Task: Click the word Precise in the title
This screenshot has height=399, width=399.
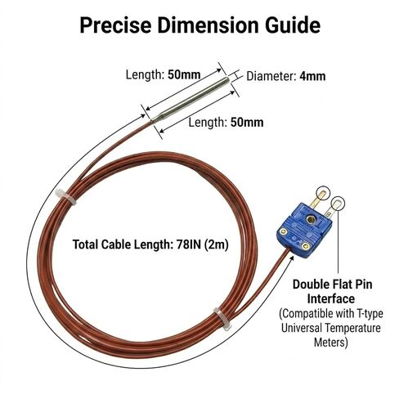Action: tap(115, 25)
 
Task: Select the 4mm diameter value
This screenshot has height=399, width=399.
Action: tap(312, 76)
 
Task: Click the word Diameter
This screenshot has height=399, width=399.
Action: tap(271, 76)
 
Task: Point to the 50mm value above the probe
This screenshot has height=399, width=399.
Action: tap(184, 74)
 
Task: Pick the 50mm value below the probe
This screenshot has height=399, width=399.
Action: tap(247, 123)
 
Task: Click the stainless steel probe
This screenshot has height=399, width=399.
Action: tap(191, 99)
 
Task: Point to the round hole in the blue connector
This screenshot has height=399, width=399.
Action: tap(310, 218)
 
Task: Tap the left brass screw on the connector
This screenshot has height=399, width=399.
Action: tap(284, 231)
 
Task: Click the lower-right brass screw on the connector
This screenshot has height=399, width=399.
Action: tap(306, 246)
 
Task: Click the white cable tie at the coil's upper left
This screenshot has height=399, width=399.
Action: tap(65, 197)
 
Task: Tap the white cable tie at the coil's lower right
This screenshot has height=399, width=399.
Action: tap(222, 319)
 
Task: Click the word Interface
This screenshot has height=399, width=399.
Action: tap(331, 298)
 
